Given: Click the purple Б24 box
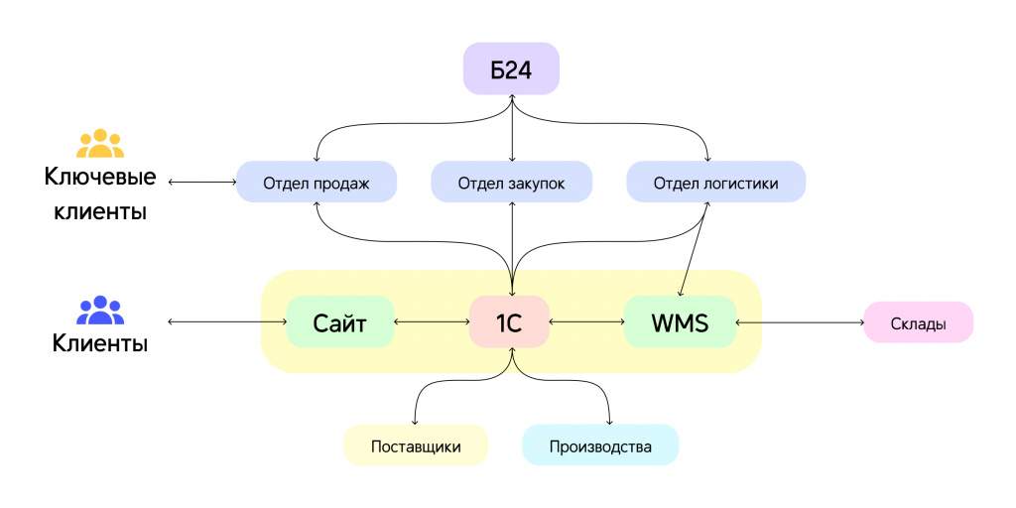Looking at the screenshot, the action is [511, 68].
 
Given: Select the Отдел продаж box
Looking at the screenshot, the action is [317, 183].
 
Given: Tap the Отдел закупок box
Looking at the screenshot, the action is [511, 183].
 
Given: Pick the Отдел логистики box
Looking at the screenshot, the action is [716, 183].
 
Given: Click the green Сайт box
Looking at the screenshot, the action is [340, 321].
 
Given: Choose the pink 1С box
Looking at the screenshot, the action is [510, 321].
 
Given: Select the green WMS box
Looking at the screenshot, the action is [681, 321].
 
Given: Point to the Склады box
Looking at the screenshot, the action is [918, 322].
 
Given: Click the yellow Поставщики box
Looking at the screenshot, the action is [416, 445].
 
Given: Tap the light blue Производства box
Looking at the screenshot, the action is [600, 445].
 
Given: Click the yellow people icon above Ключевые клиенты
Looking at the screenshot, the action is [100, 143].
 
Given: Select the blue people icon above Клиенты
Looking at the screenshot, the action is [100, 311].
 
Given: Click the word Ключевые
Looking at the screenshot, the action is [100, 177].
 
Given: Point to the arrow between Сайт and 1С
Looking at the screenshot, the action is [432, 321].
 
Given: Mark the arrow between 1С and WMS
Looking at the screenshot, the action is [587, 321].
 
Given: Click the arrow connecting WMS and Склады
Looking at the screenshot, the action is [801, 321].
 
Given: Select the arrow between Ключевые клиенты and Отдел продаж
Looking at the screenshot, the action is [202, 183].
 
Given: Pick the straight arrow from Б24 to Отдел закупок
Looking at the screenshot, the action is [512, 128].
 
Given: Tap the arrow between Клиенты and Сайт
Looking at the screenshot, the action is [227, 321].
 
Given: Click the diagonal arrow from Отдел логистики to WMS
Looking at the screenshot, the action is [695, 249].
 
